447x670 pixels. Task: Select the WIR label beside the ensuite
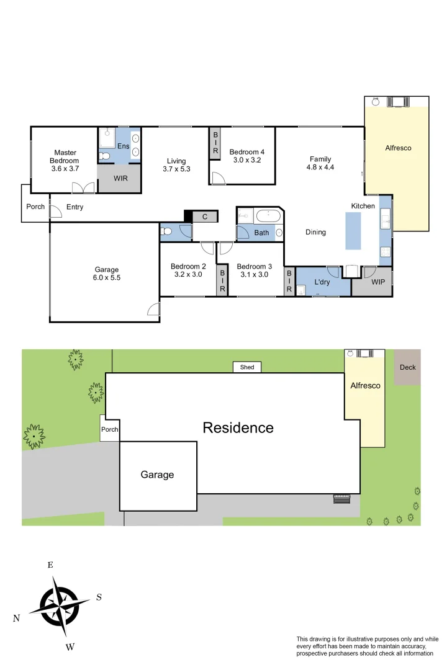pyautogui.click(x=120, y=178)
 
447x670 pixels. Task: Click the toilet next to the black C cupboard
pyautogui.click(x=166, y=231)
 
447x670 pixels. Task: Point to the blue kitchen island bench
pyautogui.click(x=353, y=230)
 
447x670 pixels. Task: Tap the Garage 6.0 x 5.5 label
pyautogui.click(x=107, y=274)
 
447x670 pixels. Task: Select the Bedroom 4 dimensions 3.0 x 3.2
pyautogui.click(x=246, y=159)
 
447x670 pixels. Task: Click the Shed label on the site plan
pyautogui.click(x=247, y=367)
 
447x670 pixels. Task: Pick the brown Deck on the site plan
pyautogui.click(x=408, y=367)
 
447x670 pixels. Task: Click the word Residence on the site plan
pyautogui.click(x=238, y=427)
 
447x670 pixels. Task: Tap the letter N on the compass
pyautogui.click(x=17, y=619)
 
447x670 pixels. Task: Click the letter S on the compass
pyautogui.click(x=99, y=597)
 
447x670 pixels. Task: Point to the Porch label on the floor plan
pyautogui.click(x=35, y=207)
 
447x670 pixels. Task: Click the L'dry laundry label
pyautogui.click(x=322, y=282)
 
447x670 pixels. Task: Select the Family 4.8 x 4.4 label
pyautogui.click(x=320, y=163)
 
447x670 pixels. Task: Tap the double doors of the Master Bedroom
pyautogui.click(x=83, y=187)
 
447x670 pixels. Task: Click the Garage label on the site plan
pyautogui.click(x=157, y=475)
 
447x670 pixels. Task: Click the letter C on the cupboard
pyautogui.click(x=204, y=217)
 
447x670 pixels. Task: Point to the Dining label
pyautogui.click(x=315, y=233)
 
